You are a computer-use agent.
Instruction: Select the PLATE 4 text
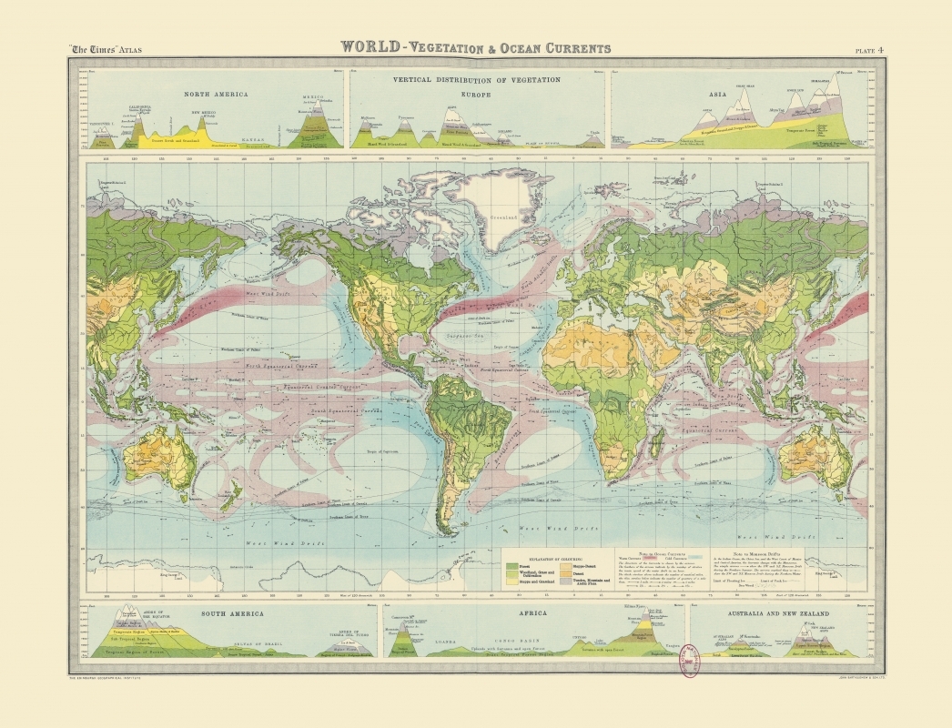click(868, 50)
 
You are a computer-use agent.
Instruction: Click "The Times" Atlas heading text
click(106, 50)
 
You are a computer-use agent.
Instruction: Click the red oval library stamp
click(689, 660)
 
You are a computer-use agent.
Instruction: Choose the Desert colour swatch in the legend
click(566, 572)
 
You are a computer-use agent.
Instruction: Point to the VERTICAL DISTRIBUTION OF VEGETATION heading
click(476, 80)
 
